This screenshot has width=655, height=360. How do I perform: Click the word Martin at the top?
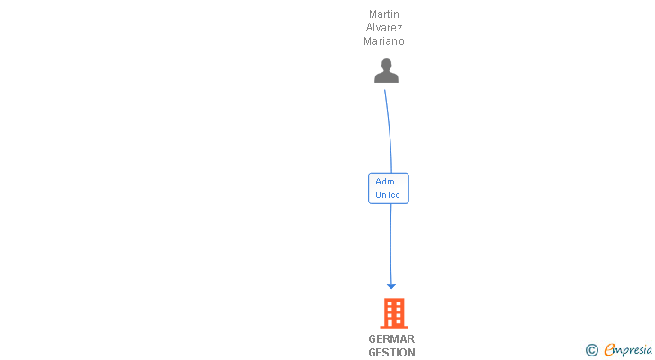(384, 14)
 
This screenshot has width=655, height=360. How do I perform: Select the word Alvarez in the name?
(384, 28)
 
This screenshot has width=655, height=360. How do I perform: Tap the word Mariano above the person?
(384, 41)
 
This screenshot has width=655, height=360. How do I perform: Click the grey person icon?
(386, 71)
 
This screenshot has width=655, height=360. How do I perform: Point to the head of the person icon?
(386, 65)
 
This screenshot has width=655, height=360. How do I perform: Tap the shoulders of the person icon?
(386, 78)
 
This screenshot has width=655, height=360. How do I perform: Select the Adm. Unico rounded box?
(389, 188)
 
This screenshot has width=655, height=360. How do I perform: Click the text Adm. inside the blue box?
(388, 182)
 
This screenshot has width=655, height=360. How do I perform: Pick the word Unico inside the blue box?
(388, 195)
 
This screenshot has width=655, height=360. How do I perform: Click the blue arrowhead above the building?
(391, 285)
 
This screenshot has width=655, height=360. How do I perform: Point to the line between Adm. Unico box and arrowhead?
(390, 243)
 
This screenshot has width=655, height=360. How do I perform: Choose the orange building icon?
(392, 313)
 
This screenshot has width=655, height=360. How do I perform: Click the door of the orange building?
(392, 322)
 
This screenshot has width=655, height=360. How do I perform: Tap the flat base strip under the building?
(392, 328)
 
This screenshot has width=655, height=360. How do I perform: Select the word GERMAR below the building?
(391, 339)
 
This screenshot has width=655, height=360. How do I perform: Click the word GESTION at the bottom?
(391, 353)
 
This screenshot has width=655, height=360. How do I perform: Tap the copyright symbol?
(591, 350)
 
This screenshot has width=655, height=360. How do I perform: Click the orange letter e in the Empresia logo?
(609, 350)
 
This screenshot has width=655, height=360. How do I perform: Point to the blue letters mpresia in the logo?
(633, 350)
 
